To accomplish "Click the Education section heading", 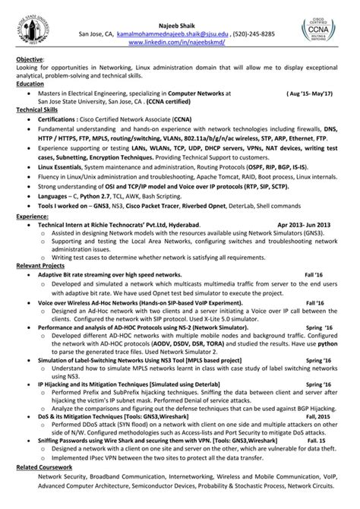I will pyautogui.click(x=31, y=84).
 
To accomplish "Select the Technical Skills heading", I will pyautogui.click(x=39, y=110).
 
